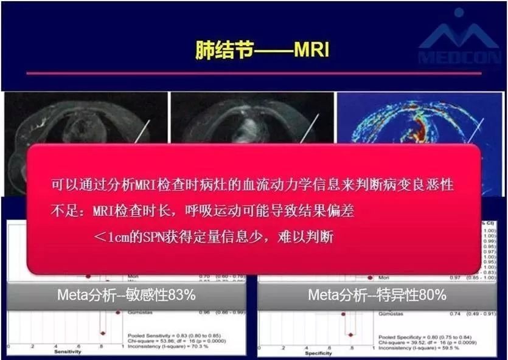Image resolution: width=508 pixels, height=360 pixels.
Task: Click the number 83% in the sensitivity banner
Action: tap(182, 295)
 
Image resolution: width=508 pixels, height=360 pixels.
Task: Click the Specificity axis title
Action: tap(319, 352)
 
